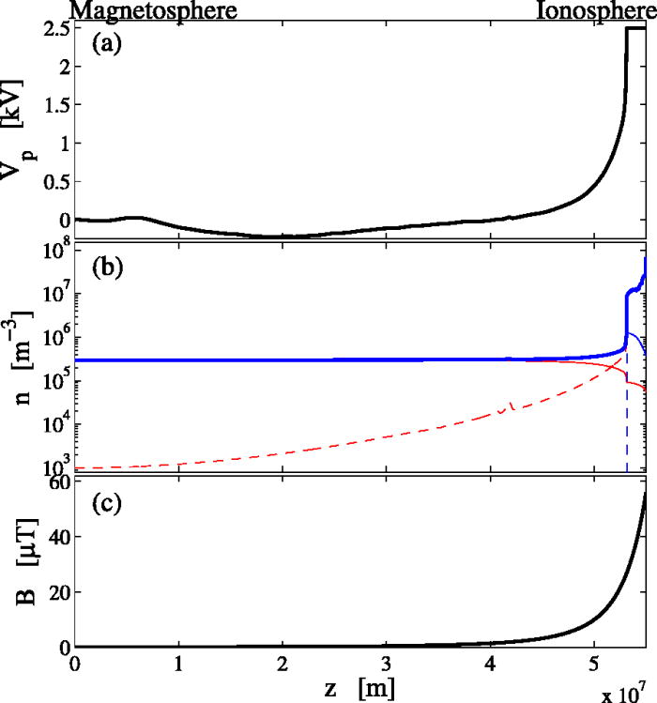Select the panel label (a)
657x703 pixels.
pos(105,43)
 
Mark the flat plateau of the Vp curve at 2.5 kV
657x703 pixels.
pos(636,28)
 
